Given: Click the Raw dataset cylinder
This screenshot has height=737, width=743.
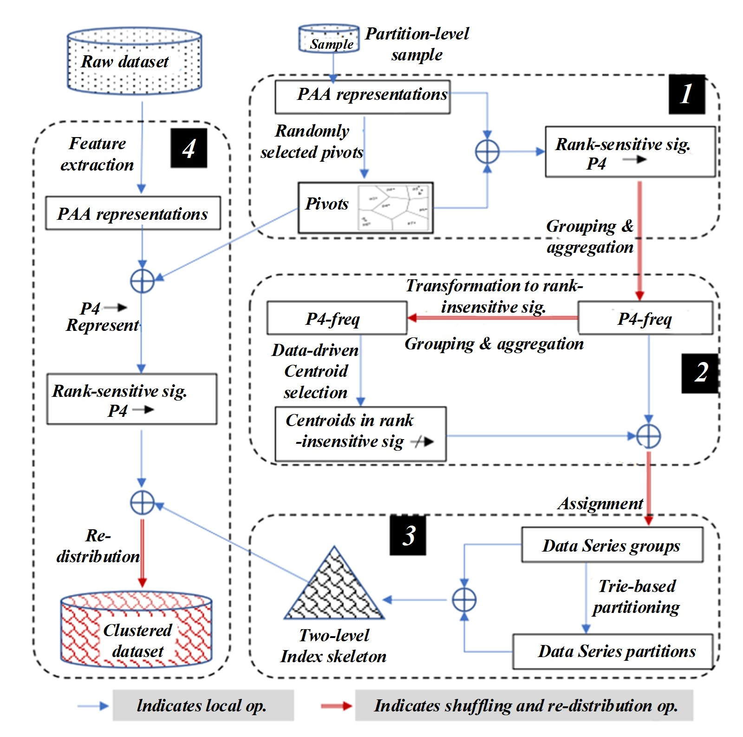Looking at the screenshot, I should pyautogui.click(x=134, y=61).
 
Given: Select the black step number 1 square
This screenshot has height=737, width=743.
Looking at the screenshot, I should pyautogui.click(x=686, y=94).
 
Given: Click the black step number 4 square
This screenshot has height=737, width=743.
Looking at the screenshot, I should pyautogui.click(x=189, y=148).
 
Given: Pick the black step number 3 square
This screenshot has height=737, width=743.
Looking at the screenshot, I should pyautogui.click(x=408, y=535).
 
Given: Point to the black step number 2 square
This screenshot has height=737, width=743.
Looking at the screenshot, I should pyautogui.click(x=700, y=373).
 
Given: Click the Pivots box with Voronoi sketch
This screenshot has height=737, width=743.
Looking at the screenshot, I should pyautogui.click(x=365, y=207).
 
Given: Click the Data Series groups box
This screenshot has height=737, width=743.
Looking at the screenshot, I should pyautogui.click(x=612, y=545).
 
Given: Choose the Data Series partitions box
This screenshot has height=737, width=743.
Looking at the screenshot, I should pyautogui.click(x=612, y=651).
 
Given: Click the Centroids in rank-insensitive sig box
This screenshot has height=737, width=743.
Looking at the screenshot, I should pyautogui.click(x=360, y=434).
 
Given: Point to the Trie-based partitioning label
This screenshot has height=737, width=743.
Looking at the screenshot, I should pyautogui.click(x=636, y=597).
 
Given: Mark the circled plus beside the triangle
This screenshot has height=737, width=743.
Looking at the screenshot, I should pyautogui.click(x=464, y=600).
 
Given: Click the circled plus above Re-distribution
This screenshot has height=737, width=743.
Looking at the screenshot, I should pyautogui.click(x=142, y=502).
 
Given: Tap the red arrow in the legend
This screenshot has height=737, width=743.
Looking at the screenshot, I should pyautogui.click(x=336, y=706).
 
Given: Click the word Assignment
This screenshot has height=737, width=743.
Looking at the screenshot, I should pyautogui.click(x=600, y=503).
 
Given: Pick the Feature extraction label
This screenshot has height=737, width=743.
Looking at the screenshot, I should pyautogui.click(x=97, y=154).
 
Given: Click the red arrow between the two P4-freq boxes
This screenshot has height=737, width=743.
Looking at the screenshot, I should pyautogui.click(x=492, y=318).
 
